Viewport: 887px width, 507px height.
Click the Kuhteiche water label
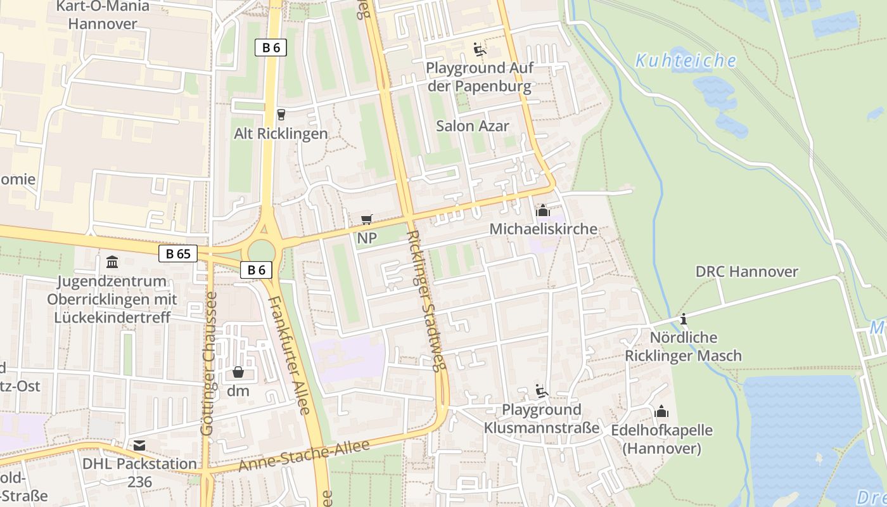click(686, 61)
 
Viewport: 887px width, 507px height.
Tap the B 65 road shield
click(178, 254)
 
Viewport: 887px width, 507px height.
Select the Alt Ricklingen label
click(281, 134)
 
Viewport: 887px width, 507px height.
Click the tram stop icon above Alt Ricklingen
click(281, 115)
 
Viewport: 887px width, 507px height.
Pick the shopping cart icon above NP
click(366, 220)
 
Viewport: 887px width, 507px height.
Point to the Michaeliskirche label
click(543, 229)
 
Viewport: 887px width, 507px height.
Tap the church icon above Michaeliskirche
click(543, 210)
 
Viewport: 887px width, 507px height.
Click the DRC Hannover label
click(746, 272)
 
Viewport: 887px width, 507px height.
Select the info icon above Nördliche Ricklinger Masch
click(683, 319)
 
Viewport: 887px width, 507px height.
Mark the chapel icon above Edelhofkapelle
click(661, 412)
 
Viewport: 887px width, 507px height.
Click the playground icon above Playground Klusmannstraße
click(541, 391)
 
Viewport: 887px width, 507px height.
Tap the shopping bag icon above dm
click(238, 372)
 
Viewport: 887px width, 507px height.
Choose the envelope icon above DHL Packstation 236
click(139, 446)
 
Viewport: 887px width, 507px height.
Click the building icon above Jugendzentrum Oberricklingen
click(112, 262)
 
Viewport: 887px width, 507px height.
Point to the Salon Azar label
click(472, 126)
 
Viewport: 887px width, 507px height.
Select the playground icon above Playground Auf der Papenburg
click(479, 49)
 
